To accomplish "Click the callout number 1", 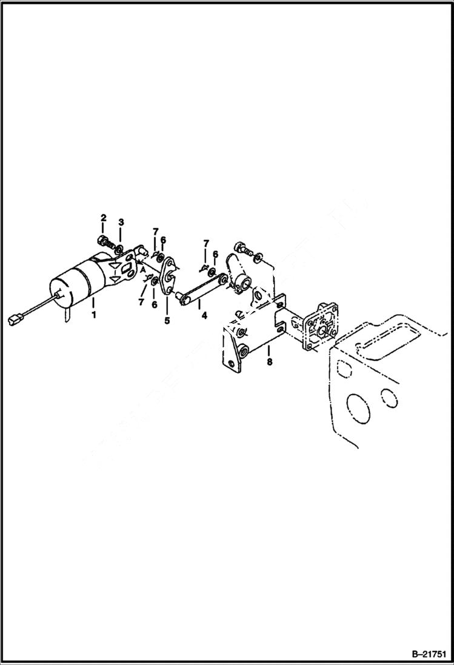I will [93, 315].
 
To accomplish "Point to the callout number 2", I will [104, 218].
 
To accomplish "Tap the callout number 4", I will [204, 315].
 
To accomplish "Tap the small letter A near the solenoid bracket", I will [144, 273].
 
